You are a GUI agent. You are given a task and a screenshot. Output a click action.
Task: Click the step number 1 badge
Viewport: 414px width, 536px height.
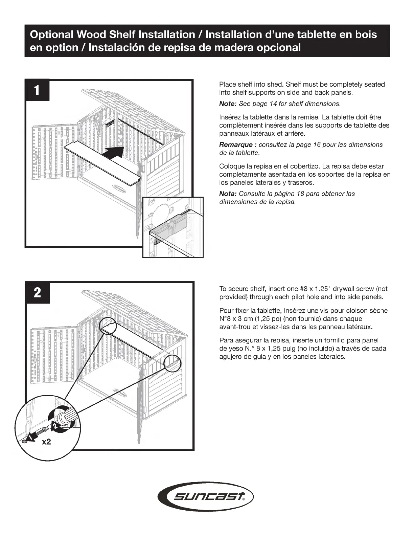(37, 90)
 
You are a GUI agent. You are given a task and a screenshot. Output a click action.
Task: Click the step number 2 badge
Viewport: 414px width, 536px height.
(37, 292)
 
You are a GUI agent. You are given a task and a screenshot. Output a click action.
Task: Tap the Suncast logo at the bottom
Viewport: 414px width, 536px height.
(206, 497)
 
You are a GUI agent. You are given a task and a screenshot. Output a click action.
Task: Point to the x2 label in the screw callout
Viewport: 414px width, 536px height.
(46, 442)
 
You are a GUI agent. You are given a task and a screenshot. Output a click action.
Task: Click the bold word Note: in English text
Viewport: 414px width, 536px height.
(228, 104)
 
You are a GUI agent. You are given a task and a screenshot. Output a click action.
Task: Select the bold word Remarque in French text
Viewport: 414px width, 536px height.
(236, 145)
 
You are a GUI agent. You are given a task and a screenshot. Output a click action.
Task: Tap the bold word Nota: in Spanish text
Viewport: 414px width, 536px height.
(228, 194)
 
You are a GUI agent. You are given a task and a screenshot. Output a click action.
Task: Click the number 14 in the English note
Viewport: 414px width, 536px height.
(273, 104)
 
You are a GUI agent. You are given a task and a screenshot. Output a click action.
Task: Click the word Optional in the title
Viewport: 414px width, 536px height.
(52, 35)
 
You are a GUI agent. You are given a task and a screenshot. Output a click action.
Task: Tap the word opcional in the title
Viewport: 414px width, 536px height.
(279, 47)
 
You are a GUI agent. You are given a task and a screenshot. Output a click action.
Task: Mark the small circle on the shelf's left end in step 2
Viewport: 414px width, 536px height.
(107, 326)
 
